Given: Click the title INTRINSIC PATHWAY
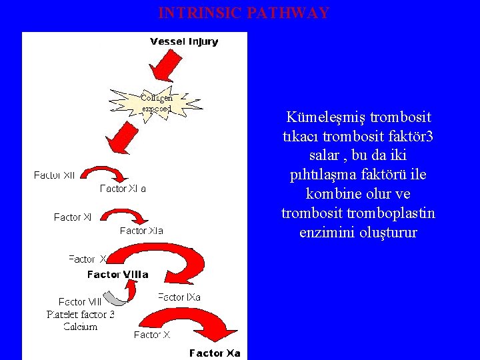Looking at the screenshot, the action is point(243,13).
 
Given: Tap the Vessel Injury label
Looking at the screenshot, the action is point(184,41).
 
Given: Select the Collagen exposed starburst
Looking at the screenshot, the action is point(157,103).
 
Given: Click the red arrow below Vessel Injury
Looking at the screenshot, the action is point(165,67).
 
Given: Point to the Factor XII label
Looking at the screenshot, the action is point(55,175).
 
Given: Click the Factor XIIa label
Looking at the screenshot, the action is point(123,189).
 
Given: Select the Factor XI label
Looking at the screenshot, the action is point(73,217).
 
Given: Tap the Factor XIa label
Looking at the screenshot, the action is point(141,231).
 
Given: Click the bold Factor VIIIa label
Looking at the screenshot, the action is point(118,274).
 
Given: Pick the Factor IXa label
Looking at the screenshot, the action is point(179,297).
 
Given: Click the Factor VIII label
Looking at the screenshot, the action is point(80,302).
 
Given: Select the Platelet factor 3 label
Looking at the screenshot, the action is point(81,314).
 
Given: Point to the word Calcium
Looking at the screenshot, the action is point(81,326).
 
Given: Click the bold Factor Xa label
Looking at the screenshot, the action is point(215,353).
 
